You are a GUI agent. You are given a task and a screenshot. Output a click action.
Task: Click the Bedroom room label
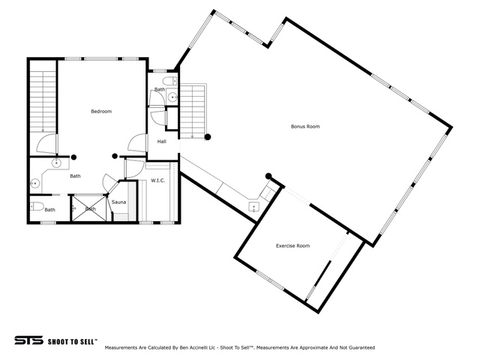point(101,112)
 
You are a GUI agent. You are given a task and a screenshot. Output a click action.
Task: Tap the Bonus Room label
point(305,127)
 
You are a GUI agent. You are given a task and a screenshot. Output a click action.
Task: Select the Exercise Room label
point(292,246)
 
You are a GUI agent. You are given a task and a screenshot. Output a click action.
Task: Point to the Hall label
point(162,142)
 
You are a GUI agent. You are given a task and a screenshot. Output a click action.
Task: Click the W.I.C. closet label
point(158,181)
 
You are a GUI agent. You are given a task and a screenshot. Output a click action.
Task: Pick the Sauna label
point(118,202)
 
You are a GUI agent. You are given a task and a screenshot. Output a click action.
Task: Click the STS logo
point(28,340)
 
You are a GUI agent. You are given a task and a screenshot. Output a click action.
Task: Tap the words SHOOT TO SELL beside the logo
point(73,341)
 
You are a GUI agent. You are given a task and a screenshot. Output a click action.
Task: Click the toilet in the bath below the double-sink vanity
point(37,207)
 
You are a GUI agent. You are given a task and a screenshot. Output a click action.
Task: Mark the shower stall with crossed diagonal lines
point(88,208)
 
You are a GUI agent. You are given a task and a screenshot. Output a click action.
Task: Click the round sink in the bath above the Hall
point(173,97)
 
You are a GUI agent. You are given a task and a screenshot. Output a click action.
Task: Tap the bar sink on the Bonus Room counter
point(253,207)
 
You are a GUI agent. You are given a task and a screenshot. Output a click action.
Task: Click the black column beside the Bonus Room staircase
point(208,137)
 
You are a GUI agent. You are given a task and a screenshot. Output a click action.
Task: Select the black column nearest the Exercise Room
point(268,176)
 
